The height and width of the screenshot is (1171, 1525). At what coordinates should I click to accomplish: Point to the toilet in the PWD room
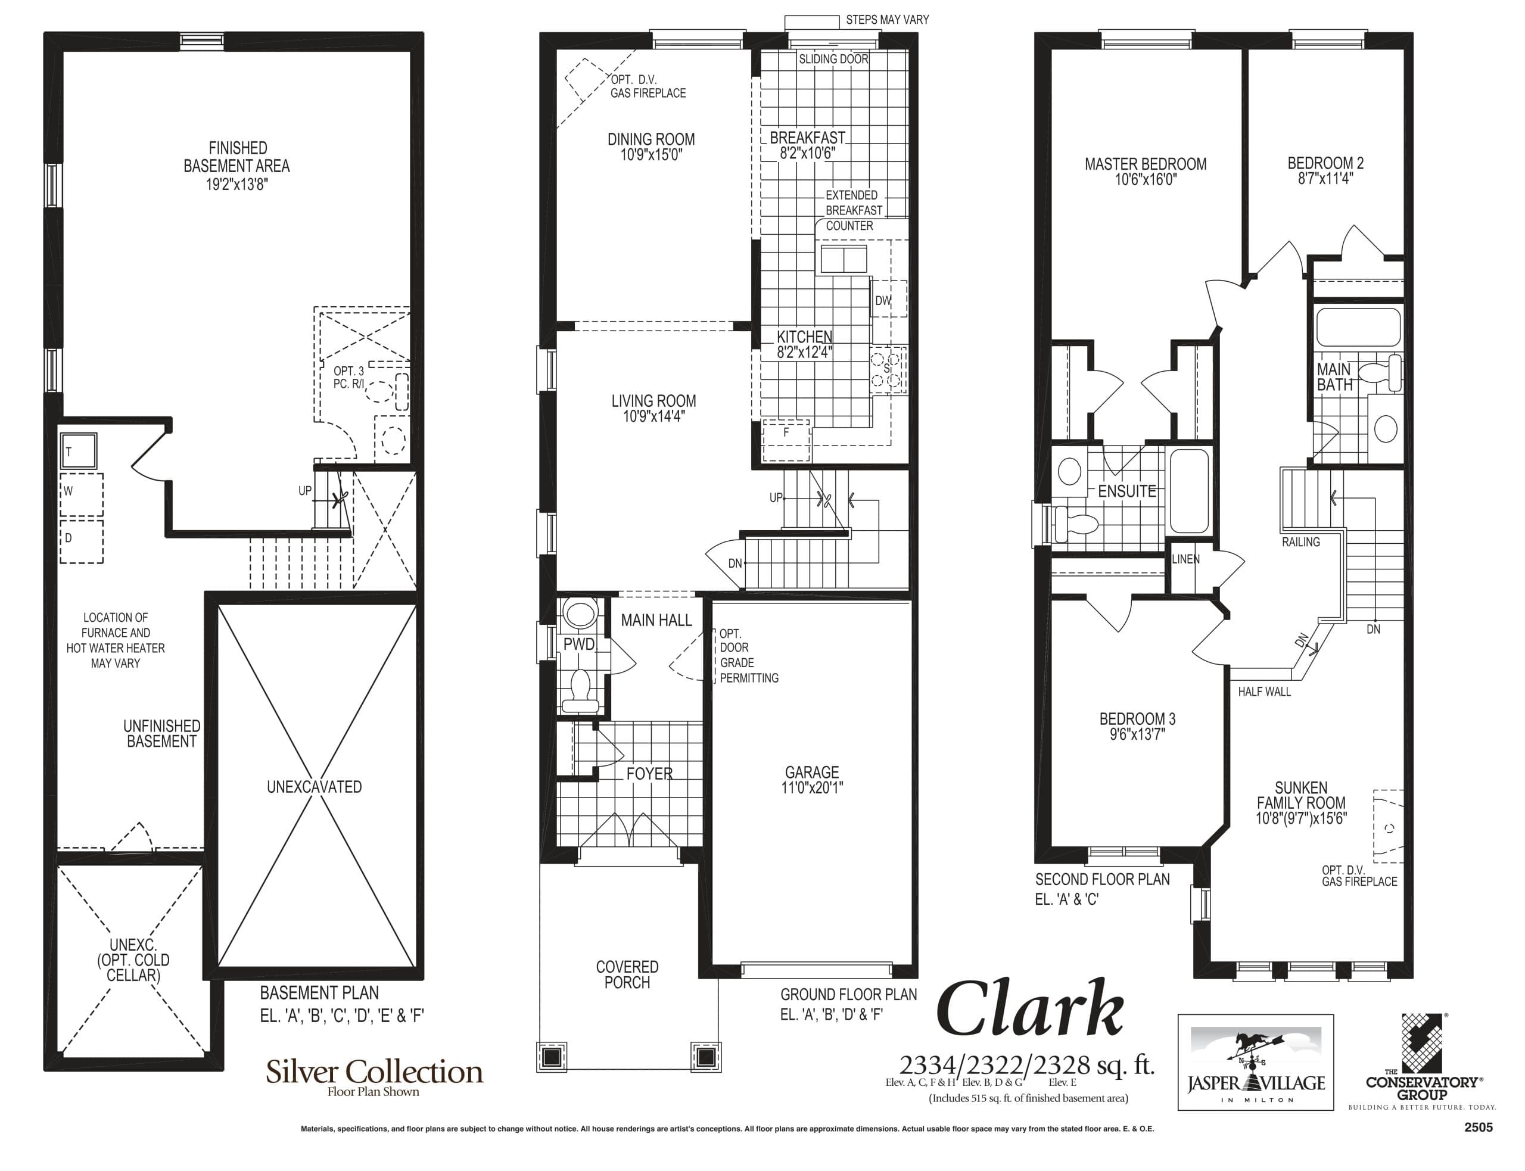click(x=580, y=690)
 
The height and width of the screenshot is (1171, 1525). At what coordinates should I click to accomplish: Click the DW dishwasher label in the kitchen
click(x=882, y=300)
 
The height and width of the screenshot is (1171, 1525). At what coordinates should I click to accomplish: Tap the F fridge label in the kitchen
click(x=786, y=432)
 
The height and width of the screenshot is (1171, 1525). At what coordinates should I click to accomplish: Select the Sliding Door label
click(x=833, y=59)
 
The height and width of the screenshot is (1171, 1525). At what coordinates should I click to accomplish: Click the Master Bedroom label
click(x=1145, y=164)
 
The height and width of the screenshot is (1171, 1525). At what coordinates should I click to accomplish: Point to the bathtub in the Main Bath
click(x=1358, y=327)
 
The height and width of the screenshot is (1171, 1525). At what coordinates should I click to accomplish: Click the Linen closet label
click(x=1185, y=559)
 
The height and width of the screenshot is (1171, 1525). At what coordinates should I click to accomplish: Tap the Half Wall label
click(x=1264, y=692)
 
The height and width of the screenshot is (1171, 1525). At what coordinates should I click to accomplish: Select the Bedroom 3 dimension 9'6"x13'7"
click(x=1137, y=734)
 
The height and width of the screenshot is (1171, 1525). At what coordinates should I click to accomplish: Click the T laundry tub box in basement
click(x=78, y=451)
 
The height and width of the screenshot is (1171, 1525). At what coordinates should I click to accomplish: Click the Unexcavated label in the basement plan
click(x=315, y=787)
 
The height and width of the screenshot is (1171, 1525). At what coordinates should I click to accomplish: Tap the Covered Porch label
click(x=627, y=974)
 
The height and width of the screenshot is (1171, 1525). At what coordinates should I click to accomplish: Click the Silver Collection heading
click(x=374, y=1072)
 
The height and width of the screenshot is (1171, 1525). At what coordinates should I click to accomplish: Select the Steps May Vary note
click(x=886, y=20)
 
